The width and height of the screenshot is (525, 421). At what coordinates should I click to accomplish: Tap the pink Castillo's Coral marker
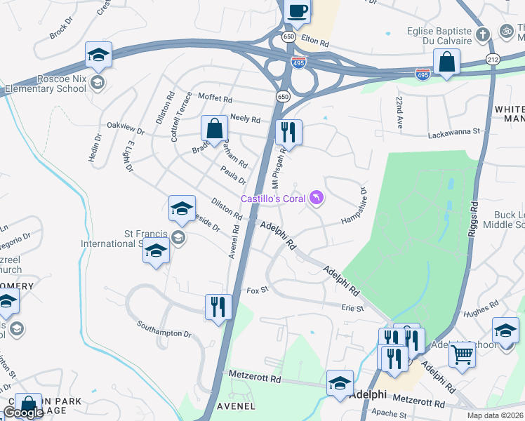[x=317, y=199]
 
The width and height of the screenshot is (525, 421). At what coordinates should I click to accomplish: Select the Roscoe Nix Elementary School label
[x=46, y=83]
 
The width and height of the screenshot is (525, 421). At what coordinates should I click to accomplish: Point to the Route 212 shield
[x=491, y=61]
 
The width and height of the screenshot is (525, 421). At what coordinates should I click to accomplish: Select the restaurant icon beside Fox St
[x=218, y=307]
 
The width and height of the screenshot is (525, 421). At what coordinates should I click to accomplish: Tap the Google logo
[x=23, y=413]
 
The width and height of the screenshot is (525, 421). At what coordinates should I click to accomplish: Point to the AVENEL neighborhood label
[x=236, y=406]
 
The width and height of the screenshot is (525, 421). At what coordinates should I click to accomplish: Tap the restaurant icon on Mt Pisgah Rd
[x=288, y=132]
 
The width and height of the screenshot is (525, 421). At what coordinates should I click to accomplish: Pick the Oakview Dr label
[x=125, y=127]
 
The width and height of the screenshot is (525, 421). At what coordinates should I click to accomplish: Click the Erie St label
[x=352, y=308]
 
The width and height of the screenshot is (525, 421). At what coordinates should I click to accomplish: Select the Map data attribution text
[x=495, y=415]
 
